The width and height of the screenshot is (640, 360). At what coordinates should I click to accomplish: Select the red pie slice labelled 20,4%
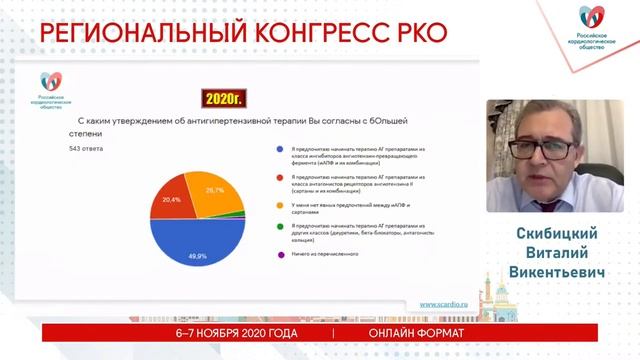click(172, 200)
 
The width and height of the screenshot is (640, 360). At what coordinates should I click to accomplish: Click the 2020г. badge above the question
click(224, 98)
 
